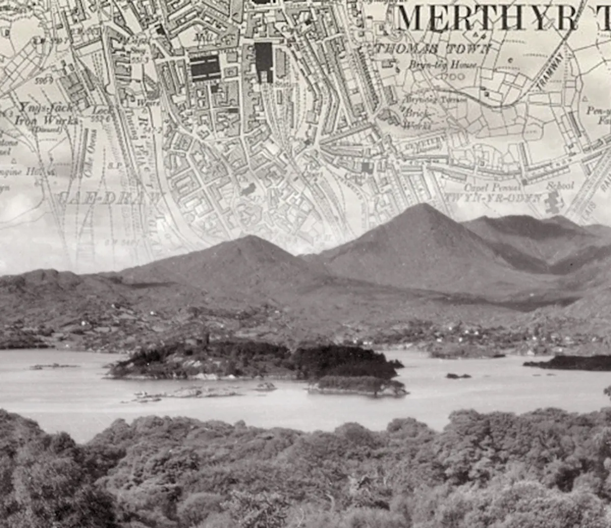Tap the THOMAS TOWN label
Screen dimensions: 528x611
pos(433,49)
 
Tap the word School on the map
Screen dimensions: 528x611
pos(560,186)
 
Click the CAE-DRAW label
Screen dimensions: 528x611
pos(109,198)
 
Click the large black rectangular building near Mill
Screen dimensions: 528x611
pos(205,67)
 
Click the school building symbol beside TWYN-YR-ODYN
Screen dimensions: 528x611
pos(552,202)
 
